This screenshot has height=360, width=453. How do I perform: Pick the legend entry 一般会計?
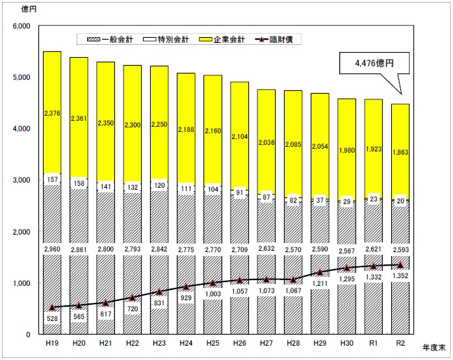tap(110, 40)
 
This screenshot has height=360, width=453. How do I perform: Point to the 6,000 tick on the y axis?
tap(21, 26)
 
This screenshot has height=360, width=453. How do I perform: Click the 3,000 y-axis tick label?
tap(21, 180)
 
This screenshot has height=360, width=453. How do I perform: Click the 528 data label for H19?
tap(52, 319)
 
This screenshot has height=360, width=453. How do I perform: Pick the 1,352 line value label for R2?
tap(400, 276)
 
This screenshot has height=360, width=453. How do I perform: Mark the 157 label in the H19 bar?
tap(52, 179)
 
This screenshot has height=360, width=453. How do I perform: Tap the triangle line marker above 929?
tap(186, 287)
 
